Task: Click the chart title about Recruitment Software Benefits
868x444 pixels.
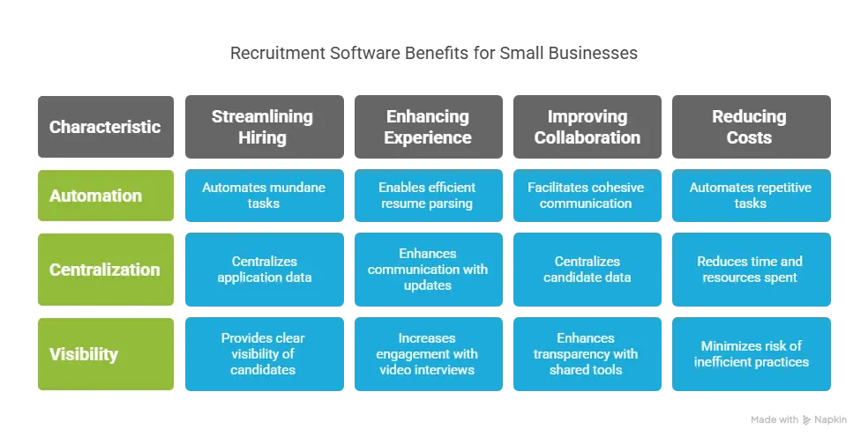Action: [x=433, y=53]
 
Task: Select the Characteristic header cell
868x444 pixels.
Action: [x=106, y=127]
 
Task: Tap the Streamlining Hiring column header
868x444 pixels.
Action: [x=265, y=127]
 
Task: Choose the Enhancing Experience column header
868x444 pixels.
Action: [x=429, y=127]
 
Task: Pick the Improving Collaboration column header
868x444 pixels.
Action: [x=587, y=127]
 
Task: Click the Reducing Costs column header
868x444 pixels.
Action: [x=752, y=127]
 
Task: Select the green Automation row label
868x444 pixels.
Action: [x=106, y=196]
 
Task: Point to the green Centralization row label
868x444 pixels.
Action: [x=106, y=270]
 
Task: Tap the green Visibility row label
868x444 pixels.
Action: [x=106, y=354]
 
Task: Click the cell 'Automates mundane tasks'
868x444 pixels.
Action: [x=265, y=196]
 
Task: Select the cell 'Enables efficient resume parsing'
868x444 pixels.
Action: [x=429, y=196]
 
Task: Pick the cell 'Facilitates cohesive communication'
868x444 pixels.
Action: [x=587, y=196]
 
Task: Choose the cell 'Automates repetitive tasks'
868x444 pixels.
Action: [x=752, y=196]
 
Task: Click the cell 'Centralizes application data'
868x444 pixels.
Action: [x=265, y=270]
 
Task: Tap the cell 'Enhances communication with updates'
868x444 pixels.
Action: [x=429, y=270]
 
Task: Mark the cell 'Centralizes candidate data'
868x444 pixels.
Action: [x=587, y=270]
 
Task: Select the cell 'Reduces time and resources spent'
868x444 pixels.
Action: [x=752, y=270]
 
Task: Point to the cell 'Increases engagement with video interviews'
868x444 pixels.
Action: [x=429, y=354]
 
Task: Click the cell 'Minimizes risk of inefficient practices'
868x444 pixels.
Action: [x=752, y=354]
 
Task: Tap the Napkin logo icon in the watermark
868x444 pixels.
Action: [x=806, y=420]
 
